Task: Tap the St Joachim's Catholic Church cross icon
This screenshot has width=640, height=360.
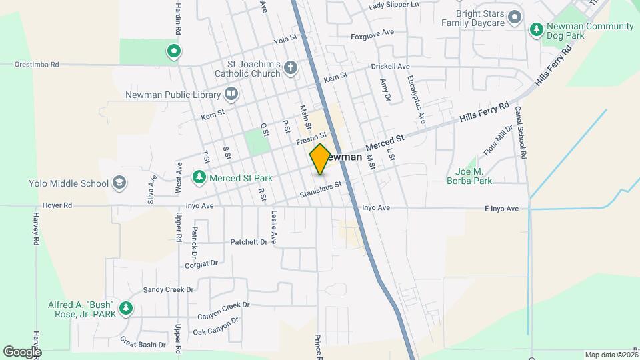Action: coord(290,67)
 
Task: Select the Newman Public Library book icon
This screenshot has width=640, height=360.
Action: coord(231,94)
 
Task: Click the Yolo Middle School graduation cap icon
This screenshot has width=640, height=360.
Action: coord(119,183)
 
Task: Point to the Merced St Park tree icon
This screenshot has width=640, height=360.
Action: coord(199,177)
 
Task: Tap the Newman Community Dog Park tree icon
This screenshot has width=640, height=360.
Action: coord(536,29)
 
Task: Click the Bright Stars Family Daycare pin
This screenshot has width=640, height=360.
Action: coord(514,17)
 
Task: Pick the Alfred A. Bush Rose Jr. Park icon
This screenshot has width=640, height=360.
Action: coord(125,309)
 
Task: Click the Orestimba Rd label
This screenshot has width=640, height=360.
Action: coord(37,65)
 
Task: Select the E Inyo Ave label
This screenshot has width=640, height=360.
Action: coord(501,209)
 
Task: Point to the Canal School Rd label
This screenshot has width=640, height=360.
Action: coord(524,137)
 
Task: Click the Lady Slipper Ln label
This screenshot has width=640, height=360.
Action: coord(393,5)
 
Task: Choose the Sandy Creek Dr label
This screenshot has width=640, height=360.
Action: coord(168,290)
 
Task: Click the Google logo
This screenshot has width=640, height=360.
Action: coord(22,351)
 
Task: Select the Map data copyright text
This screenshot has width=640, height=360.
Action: coord(611,355)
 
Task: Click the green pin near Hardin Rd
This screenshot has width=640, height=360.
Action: coord(173,50)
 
